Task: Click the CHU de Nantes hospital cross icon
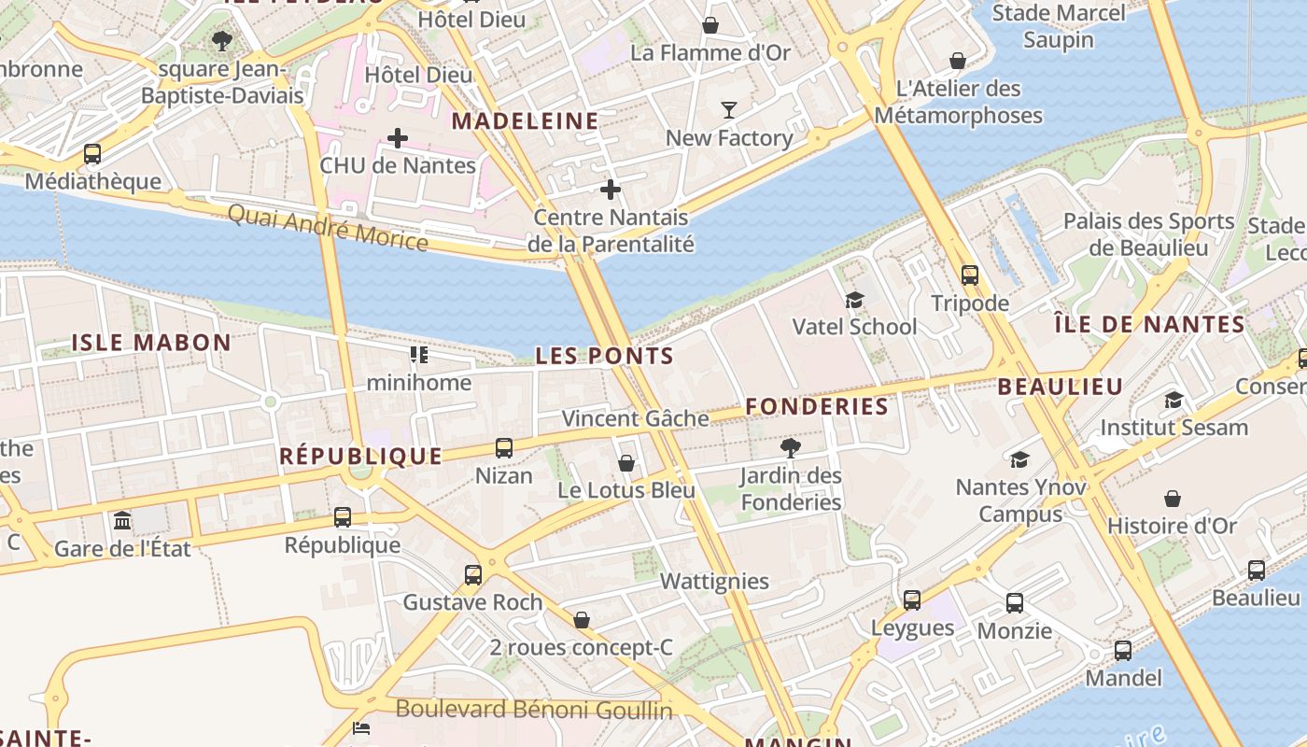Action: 398,139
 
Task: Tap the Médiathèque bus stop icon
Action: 91,154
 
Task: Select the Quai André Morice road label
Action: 328,228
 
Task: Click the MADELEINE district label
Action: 526,121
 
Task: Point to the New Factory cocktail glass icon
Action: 729,110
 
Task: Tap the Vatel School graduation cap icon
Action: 854,300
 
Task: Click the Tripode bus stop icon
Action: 970,275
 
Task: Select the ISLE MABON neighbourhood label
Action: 151,343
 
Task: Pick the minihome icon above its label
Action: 418,355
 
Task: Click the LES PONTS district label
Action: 604,356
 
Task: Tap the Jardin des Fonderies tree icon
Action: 791,447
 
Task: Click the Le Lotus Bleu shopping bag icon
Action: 626,463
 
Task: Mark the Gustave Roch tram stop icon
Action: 473,574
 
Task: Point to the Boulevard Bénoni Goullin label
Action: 534,710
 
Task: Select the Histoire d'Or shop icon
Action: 1173,499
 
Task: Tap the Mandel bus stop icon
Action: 1123,651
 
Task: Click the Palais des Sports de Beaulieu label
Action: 1149,234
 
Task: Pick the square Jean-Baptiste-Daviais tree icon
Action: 221,41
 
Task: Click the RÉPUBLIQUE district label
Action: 361,456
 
